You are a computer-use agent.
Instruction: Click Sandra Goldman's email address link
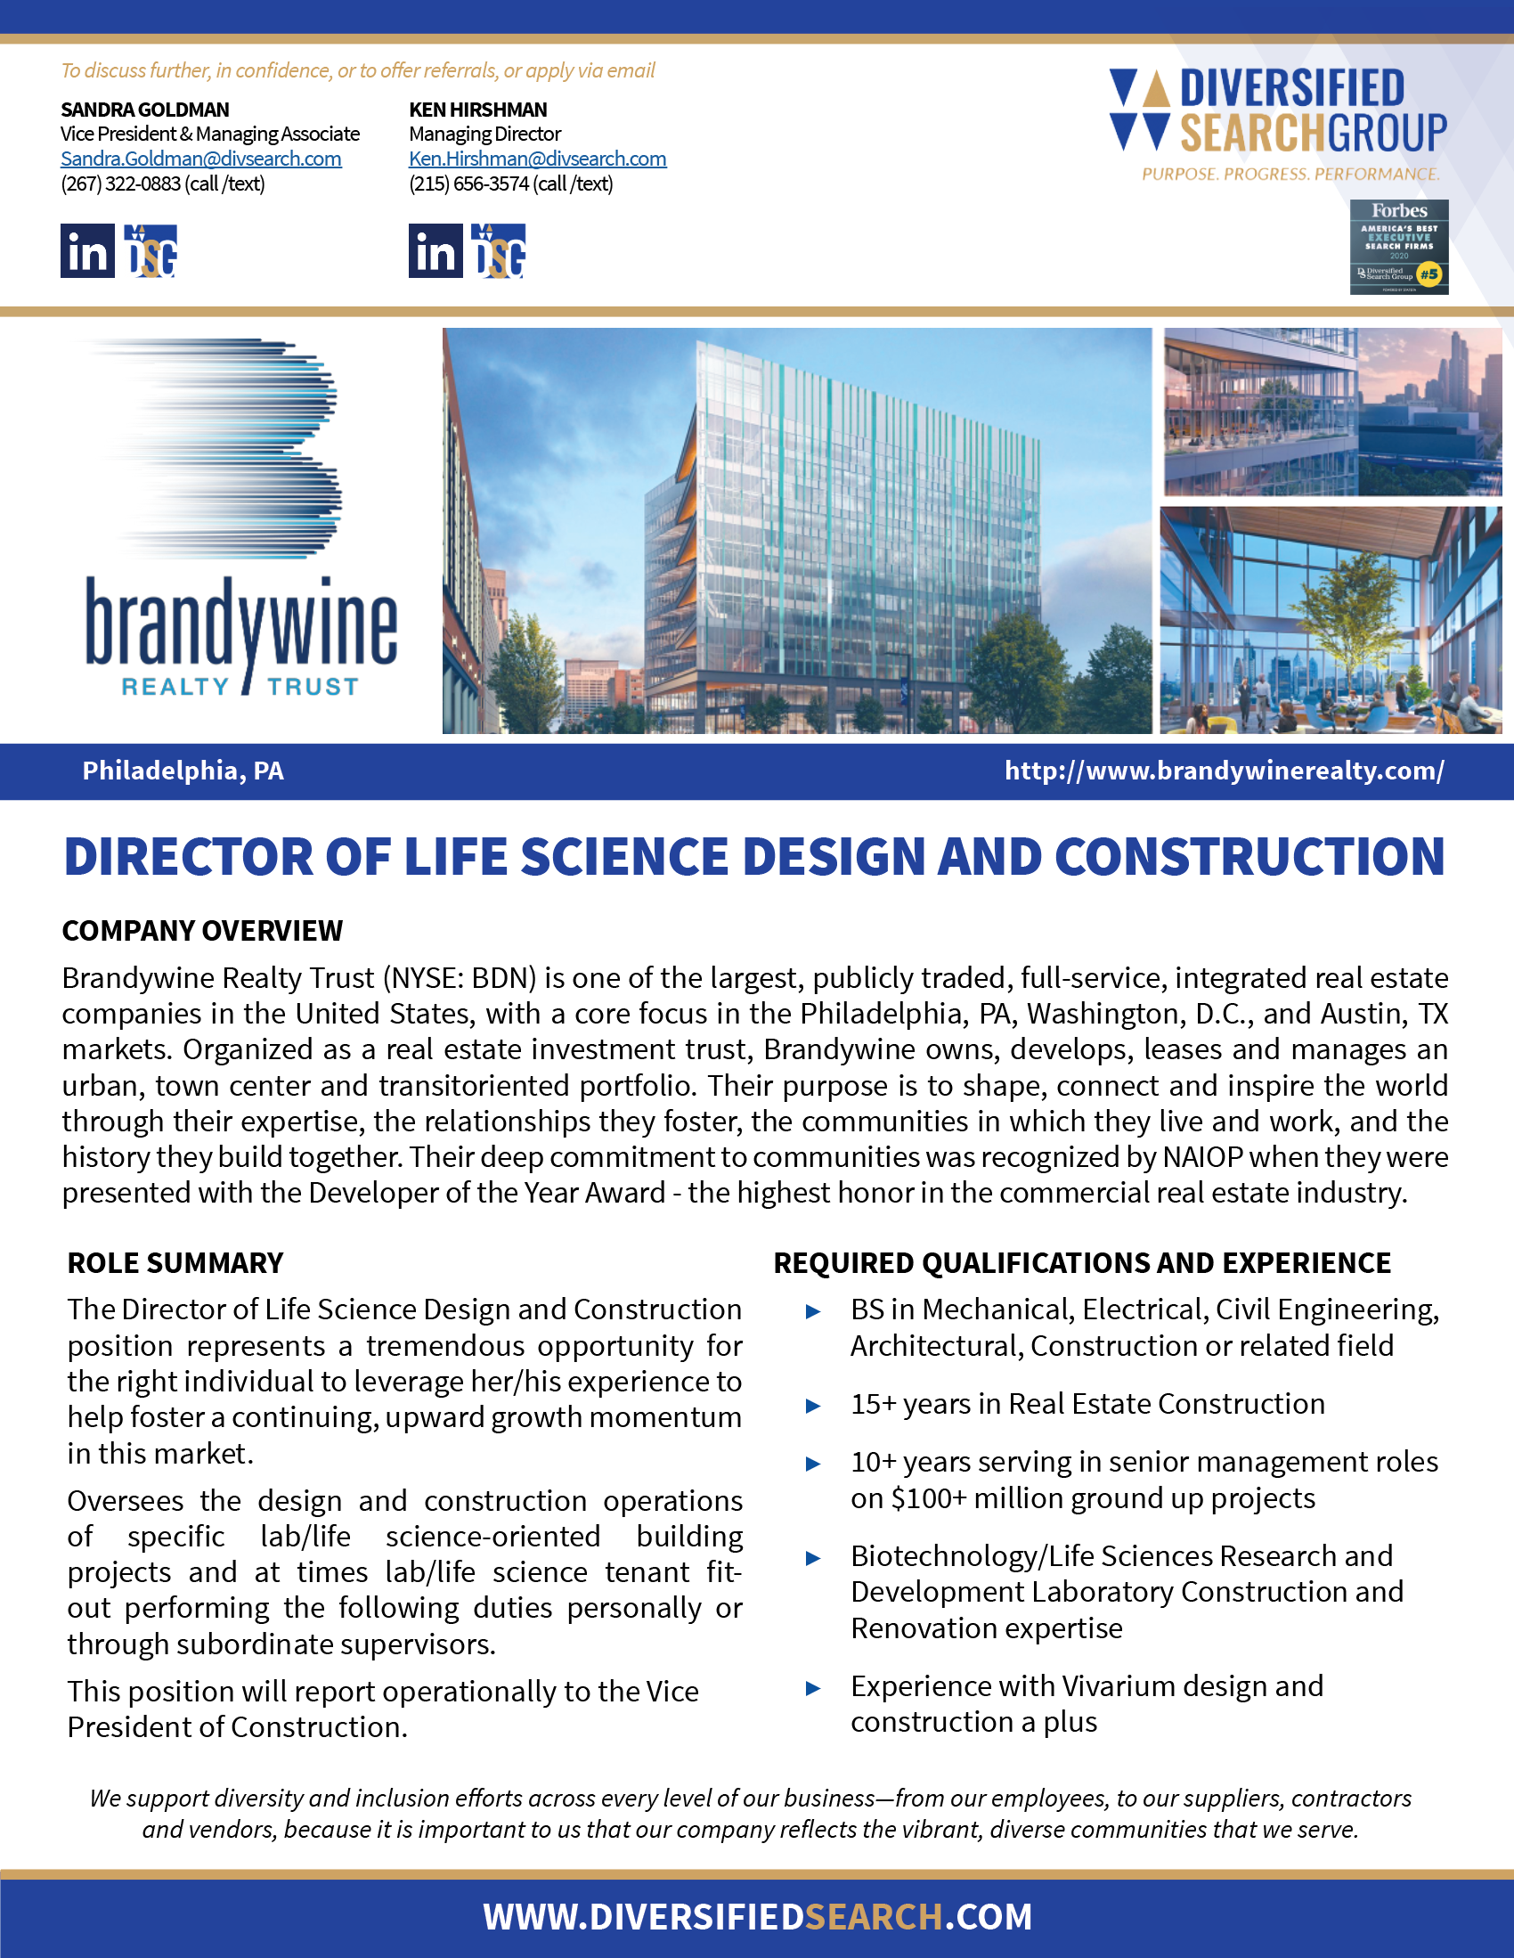[200, 159]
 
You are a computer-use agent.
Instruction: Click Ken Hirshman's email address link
[537, 159]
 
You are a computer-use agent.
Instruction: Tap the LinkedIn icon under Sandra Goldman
[87, 251]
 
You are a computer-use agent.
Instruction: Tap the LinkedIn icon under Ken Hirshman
[435, 251]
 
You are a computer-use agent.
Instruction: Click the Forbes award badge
[1398, 247]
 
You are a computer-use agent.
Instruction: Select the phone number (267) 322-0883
[121, 184]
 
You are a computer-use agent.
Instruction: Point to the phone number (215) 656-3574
[468, 184]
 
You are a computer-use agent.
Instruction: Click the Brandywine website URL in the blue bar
[1224, 771]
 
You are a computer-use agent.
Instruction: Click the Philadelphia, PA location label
[183, 771]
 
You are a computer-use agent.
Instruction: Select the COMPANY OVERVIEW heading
[202, 931]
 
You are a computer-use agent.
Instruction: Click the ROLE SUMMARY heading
[175, 1262]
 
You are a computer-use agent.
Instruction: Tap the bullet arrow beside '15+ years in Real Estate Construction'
[813, 1406]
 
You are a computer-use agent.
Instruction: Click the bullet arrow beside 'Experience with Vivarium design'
[813, 1688]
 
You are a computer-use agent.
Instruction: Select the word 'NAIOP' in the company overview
[1202, 1157]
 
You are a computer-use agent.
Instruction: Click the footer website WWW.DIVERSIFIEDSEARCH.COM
[758, 1917]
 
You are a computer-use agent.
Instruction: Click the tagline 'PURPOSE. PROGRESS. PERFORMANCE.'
[1290, 174]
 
